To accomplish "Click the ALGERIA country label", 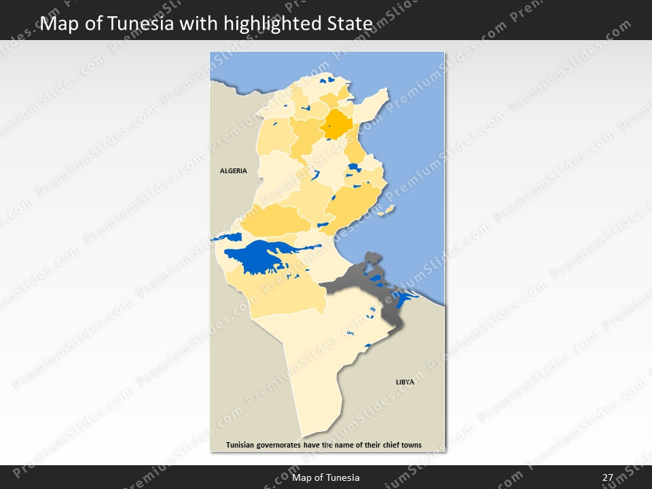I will pyautogui.click(x=234, y=171).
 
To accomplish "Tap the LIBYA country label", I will pyautogui.click(x=405, y=382).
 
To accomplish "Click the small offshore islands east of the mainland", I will pyautogui.click(x=386, y=211).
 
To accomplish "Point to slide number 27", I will pyautogui.click(x=607, y=478).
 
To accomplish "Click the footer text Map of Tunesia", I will pyautogui.click(x=326, y=478).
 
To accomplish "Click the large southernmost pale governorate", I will pyautogui.click(x=319, y=367).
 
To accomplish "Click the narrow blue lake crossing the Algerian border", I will pyautogui.click(x=227, y=238).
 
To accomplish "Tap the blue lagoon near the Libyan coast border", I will pyautogui.click(x=403, y=297).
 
